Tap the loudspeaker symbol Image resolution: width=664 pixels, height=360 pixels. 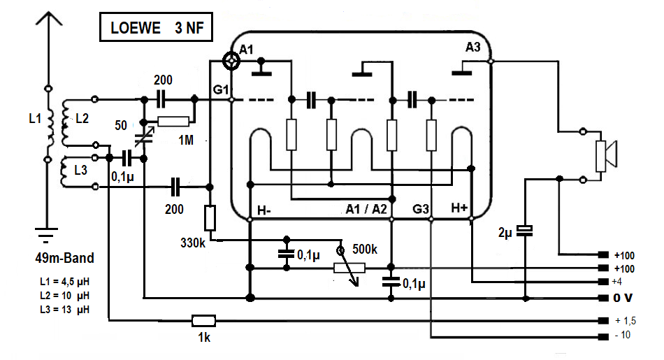coord(604,155)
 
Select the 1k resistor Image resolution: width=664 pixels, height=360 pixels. coord(204,321)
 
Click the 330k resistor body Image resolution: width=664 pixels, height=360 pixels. coord(210,219)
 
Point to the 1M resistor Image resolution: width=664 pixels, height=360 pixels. coord(173,122)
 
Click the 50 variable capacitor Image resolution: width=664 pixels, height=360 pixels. coord(145,131)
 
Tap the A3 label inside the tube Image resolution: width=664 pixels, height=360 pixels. coord(473,48)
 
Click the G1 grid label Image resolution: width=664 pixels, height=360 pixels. coord(220,89)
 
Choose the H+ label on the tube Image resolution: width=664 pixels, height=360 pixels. coord(460,208)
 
